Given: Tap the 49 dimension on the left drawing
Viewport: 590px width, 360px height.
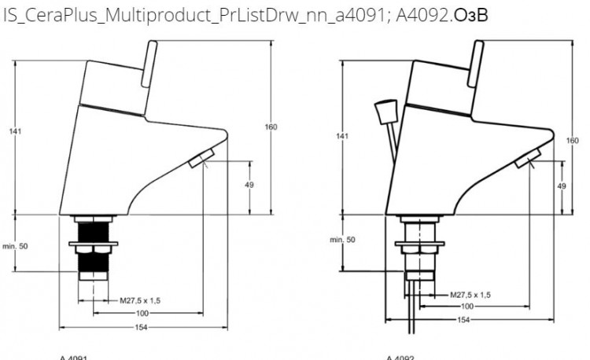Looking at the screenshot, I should (249, 186).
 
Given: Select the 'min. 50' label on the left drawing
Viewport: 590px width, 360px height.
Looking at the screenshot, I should (14, 246).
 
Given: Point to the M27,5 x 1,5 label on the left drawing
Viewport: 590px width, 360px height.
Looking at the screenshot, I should (141, 300).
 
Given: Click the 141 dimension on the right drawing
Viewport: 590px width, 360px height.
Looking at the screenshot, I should (341, 136).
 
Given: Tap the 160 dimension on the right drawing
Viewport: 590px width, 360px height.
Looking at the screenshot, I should (572, 140).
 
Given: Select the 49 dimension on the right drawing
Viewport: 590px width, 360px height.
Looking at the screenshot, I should (562, 186).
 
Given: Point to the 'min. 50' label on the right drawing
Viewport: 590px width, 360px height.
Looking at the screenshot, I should (341, 239).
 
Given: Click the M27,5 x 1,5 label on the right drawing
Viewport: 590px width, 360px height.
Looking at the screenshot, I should (470, 294).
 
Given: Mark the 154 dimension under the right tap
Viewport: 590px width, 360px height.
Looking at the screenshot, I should (464, 320).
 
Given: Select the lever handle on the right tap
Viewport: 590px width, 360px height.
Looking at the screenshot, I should (475, 63).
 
